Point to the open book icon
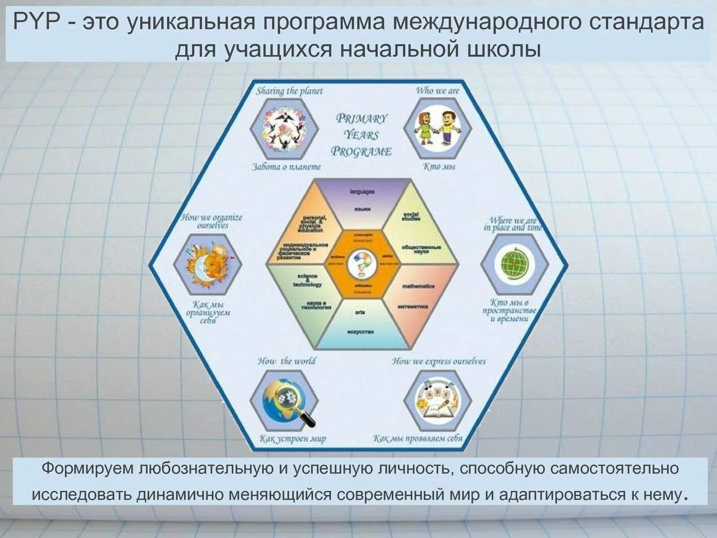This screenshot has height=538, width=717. click(437, 401)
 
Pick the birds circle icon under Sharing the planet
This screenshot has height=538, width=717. click(284, 129)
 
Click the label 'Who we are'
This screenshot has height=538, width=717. click(437, 91)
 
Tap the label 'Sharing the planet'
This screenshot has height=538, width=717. click(289, 91)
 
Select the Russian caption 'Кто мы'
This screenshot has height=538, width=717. click(439, 167)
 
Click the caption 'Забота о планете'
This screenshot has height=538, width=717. click(286, 167)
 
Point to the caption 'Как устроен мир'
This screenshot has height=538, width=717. click(292, 438)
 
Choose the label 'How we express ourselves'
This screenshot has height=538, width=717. click(439, 361)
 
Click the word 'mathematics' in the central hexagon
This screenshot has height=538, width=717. click(418, 286)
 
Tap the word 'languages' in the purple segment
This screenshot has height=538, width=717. click(362, 192)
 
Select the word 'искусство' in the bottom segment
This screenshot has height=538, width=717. click(360, 332)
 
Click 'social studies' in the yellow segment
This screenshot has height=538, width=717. click(411, 216)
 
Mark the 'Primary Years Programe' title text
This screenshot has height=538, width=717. click(361, 135)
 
